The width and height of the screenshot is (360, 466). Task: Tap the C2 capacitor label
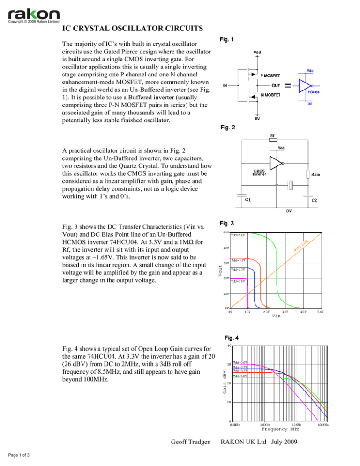click(x=317, y=199)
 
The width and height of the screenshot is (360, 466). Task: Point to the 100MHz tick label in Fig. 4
click(x=322, y=424)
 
